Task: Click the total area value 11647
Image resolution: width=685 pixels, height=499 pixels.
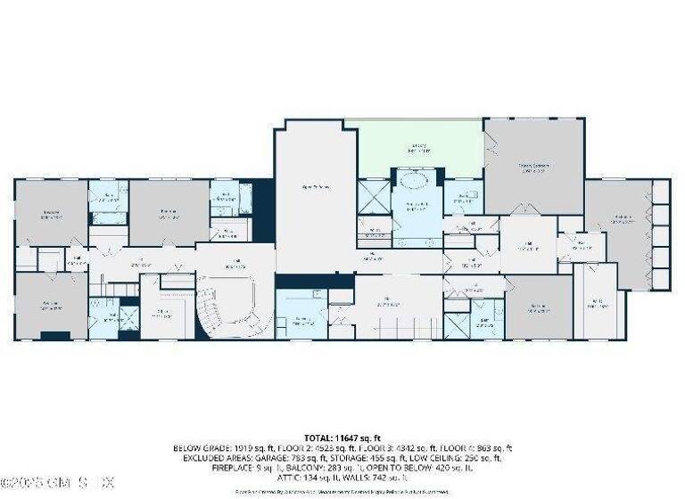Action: click(352, 438)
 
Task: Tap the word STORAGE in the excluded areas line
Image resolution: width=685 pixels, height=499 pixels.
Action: click(375, 457)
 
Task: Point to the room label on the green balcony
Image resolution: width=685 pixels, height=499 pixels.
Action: click(419, 148)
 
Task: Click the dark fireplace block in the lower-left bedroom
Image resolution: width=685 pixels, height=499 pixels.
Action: click(55, 335)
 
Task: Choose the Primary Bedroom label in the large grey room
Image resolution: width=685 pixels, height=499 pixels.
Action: click(532, 167)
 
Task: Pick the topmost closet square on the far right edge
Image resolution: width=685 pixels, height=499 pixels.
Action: click(661, 192)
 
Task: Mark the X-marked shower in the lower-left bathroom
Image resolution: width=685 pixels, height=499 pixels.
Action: click(128, 318)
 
